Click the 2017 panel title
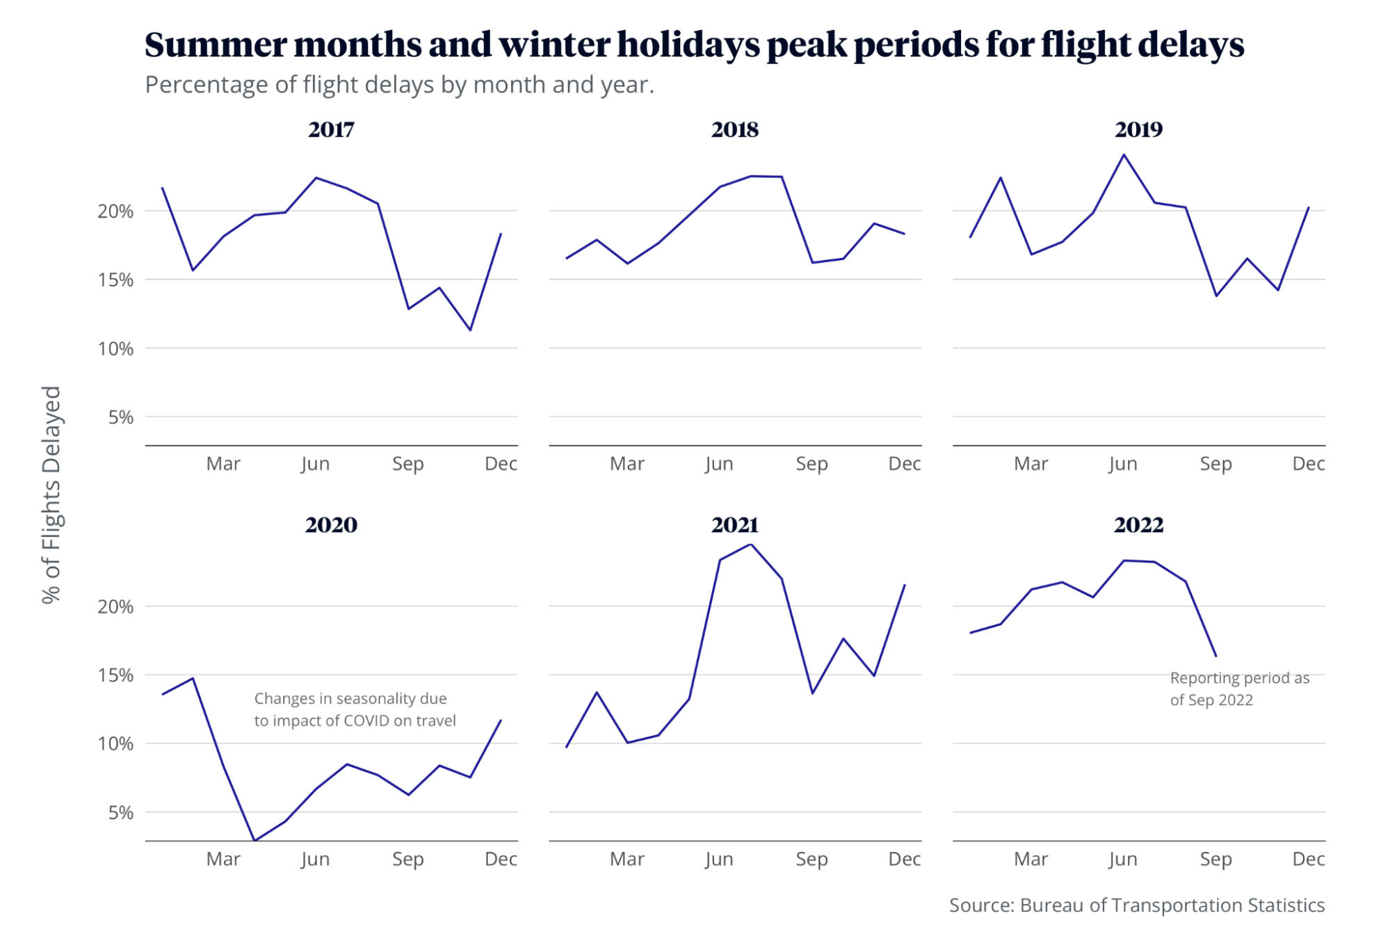tap(331, 130)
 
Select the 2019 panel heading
tap(1138, 130)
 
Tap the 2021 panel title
tap(734, 525)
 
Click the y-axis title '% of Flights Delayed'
tap(52, 494)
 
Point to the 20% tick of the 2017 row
tap(115, 211)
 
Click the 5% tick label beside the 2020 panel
tap(121, 813)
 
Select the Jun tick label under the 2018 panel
tap(719, 464)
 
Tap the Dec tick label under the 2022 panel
tap(1308, 860)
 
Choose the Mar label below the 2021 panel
tap(627, 860)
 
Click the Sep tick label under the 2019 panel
tap(1215, 464)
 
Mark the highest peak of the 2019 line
tap(1124, 154)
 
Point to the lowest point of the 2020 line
tap(254, 841)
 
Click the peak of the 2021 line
tap(751, 545)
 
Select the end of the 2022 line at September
tap(1215, 656)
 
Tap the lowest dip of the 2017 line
tap(471, 330)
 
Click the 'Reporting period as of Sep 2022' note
tap(1239, 689)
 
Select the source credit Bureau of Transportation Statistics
tap(1172, 905)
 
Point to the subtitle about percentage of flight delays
tap(399, 85)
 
